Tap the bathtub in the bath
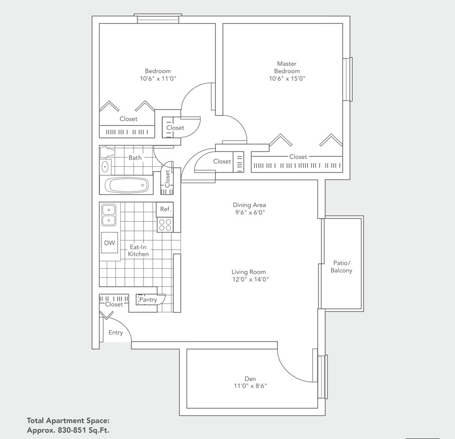128,185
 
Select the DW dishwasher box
110,243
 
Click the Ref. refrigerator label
166,209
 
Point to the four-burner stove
165,225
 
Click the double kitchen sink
109,215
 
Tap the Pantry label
148,300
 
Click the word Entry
116,332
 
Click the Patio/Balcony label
342,267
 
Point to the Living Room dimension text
250,279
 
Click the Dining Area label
249,205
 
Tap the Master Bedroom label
287,67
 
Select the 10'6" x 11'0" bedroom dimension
158,78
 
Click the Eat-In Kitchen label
139,251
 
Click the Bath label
135,158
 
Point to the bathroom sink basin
106,166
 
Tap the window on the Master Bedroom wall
347,79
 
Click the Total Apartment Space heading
68,420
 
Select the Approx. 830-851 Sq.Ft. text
68,430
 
